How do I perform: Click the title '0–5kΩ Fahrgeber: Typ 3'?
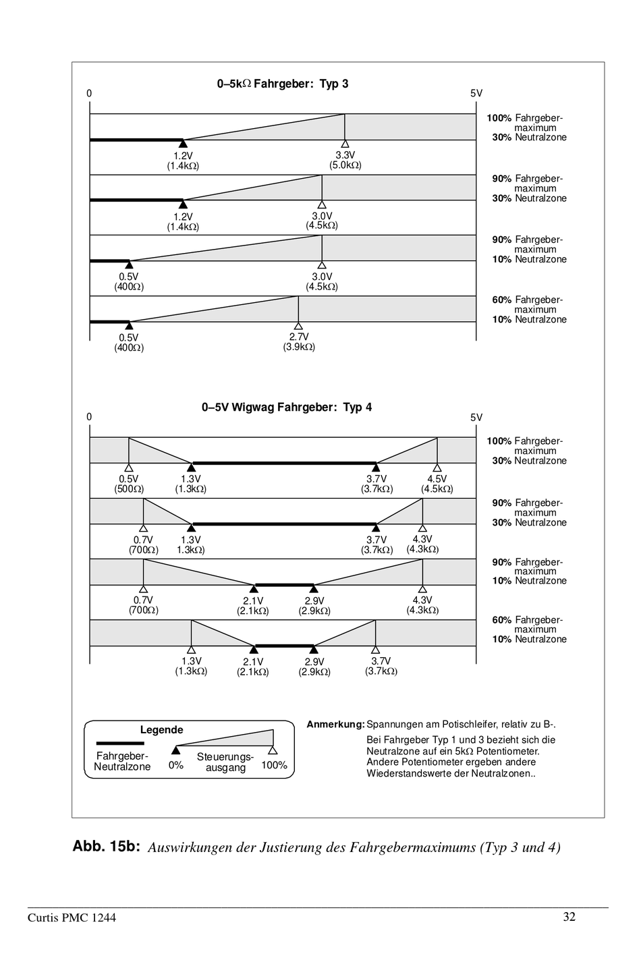[283, 84]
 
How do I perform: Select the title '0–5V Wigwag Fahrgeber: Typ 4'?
[287, 407]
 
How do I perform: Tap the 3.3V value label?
[345, 155]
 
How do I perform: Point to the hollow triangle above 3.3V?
[345, 144]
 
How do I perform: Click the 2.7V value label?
[299, 337]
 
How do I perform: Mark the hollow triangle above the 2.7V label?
[299, 327]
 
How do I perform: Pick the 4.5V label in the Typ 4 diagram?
[437, 479]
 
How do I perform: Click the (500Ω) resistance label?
[129, 489]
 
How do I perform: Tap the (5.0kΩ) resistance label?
[345, 165]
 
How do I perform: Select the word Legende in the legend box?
[161, 730]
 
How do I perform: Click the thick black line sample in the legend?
[120, 742]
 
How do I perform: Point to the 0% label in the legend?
[176, 766]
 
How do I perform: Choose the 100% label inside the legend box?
[274, 765]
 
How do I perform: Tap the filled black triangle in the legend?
[176, 750]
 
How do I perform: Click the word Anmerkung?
[335, 725]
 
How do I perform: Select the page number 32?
[569, 917]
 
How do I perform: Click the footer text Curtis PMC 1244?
[72, 918]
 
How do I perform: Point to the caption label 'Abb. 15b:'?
[106, 847]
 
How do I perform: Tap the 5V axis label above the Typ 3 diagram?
[476, 94]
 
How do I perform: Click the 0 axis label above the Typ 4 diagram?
[89, 417]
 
